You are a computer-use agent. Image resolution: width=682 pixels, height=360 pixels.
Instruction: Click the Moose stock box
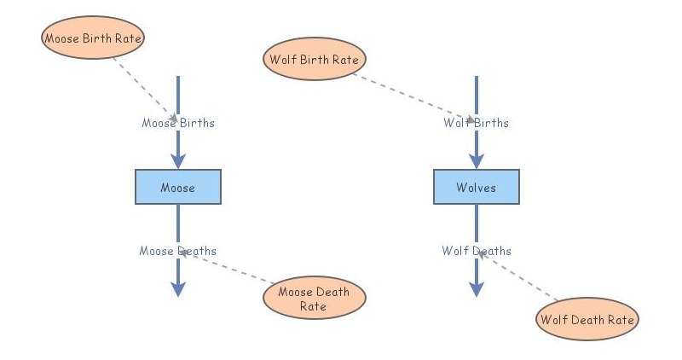click(x=178, y=187)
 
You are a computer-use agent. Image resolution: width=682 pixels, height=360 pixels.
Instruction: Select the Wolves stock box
click(x=476, y=187)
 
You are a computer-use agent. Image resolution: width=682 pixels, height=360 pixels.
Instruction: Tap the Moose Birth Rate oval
click(x=93, y=38)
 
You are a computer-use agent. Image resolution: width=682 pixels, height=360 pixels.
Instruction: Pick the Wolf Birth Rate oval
click(x=315, y=60)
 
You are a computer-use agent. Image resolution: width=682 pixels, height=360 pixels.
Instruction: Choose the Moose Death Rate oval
click(x=313, y=299)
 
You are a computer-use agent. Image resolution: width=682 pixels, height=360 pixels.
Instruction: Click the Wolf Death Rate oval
click(x=587, y=320)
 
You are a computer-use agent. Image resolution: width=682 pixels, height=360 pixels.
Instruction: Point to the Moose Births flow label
click(x=178, y=123)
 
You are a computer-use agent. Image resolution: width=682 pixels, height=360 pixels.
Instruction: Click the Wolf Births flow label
click(x=476, y=123)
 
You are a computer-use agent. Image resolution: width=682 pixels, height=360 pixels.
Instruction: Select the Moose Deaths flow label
click(x=178, y=251)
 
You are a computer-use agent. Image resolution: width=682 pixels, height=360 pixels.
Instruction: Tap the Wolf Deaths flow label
click(x=476, y=251)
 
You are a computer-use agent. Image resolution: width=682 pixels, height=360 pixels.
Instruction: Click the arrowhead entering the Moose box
click(x=178, y=160)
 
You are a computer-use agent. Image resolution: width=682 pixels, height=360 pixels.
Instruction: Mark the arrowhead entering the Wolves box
click(x=476, y=160)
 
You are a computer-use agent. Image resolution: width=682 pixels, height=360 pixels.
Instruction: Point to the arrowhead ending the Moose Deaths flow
click(x=178, y=288)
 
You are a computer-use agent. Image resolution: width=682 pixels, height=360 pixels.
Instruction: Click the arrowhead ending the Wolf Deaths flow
click(x=476, y=288)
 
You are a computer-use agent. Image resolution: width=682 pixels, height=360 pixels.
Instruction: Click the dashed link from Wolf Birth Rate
click(x=409, y=95)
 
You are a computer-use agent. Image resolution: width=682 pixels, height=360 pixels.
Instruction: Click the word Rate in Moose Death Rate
click(x=313, y=306)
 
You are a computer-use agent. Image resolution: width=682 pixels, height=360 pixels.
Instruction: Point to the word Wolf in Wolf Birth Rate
click(x=283, y=60)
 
